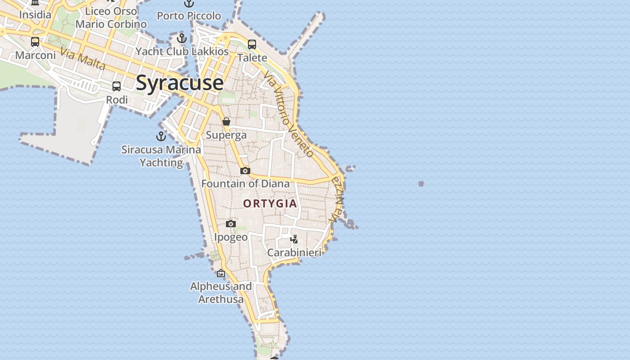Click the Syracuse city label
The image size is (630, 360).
click(179, 83)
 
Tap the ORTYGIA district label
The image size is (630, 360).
click(270, 203)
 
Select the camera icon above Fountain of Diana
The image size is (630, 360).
click(245, 171)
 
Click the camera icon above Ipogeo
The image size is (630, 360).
click(231, 224)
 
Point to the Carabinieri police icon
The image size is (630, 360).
click(294, 239)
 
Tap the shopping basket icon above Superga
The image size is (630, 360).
click(226, 121)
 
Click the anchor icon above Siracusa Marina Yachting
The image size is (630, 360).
click(161, 136)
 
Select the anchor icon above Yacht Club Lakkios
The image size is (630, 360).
click(182, 38)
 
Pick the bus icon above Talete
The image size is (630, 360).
click(252, 45)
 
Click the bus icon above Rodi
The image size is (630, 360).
click(117, 86)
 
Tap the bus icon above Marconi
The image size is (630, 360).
click(35, 42)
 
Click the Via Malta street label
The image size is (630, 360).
click(83, 59)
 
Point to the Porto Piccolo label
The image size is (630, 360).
click(189, 16)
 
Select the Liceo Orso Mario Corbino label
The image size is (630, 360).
click(111, 18)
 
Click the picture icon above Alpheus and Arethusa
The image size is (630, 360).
click(221, 273)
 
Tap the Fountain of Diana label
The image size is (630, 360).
click(245, 184)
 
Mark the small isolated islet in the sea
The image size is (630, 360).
click(421, 184)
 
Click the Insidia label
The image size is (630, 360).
click(35, 15)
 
